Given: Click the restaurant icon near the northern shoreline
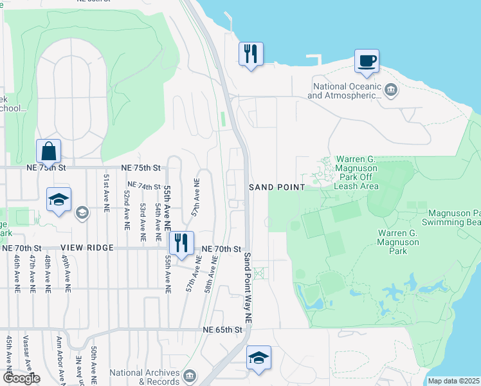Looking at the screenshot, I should pyautogui.click(x=251, y=53).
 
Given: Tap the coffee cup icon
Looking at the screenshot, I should pyautogui.click(x=367, y=62).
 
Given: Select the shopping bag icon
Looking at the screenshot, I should pyautogui.click(x=48, y=152).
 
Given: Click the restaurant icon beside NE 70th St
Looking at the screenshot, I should pyautogui.click(x=181, y=243).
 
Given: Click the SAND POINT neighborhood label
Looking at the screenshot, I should pyautogui.click(x=277, y=187).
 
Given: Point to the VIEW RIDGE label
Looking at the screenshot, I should pyautogui.click(x=87, y=248).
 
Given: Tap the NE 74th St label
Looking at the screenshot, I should pyautogui.click(x=143, y=185).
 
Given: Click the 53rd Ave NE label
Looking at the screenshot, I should pyautogui.click(x=143, y=219).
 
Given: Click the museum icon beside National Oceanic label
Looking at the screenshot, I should pyautogui.click(x=392, y=90).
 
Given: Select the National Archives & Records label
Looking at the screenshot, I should pyautogui.click(x=144, y=376).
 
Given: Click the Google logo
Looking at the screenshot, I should pyautogui.click(x=21, y=378).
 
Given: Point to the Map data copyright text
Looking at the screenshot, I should pyautogui.click(x=454, y=381).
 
